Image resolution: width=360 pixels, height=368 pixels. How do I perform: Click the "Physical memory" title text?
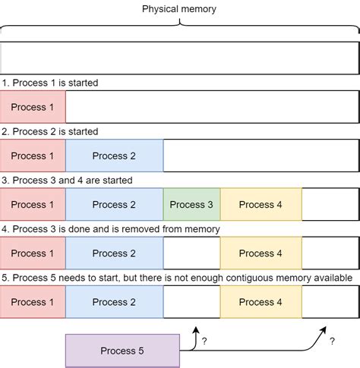(x=179, y=8)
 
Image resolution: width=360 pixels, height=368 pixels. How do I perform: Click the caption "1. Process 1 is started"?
(x=50, y=83)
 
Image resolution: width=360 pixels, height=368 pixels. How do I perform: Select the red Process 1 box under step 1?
(x=33, y=107)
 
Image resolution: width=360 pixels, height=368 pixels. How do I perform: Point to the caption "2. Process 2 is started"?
(x=50, y=131)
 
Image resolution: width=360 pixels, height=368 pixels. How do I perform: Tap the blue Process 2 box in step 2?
(x=114, y=156)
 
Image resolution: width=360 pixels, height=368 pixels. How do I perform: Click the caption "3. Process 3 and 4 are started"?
(x=67, y=181)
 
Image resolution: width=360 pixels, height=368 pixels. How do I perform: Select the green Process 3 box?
(x=191, y=204)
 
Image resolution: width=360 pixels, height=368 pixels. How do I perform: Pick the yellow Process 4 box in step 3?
(x=261, y=204)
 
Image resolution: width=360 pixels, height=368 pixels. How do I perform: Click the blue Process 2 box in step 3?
(x=114, y=204)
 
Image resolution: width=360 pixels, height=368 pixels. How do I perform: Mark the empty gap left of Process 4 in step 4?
(x=191, y=253)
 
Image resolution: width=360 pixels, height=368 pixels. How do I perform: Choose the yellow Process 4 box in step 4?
(x=261, y=253)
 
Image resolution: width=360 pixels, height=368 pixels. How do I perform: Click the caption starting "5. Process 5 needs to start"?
(x=177, y=278)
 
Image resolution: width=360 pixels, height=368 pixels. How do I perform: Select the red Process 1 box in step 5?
(x=33, y=302)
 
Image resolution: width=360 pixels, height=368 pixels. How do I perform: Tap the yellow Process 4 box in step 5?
(x=261, y=302)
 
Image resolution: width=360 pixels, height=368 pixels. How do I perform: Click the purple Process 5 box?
(x=122, y=351)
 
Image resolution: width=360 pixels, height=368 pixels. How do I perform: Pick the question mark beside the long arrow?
(x=332, y=342)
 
